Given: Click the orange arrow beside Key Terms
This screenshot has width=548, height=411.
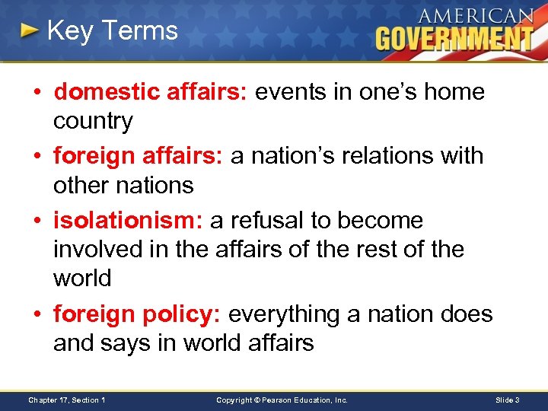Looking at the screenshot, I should click(29, 31).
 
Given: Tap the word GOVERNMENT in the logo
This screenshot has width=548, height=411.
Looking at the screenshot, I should click(454, 38).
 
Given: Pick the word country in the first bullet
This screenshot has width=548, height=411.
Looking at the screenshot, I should click(93, 121).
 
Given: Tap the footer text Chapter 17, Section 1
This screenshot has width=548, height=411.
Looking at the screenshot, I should click(67, 400).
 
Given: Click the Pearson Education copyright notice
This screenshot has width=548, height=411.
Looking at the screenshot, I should click(282, 400).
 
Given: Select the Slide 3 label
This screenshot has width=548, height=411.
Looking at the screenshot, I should click(507, 400).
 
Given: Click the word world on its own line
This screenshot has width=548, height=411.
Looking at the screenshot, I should click(82, 279).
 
